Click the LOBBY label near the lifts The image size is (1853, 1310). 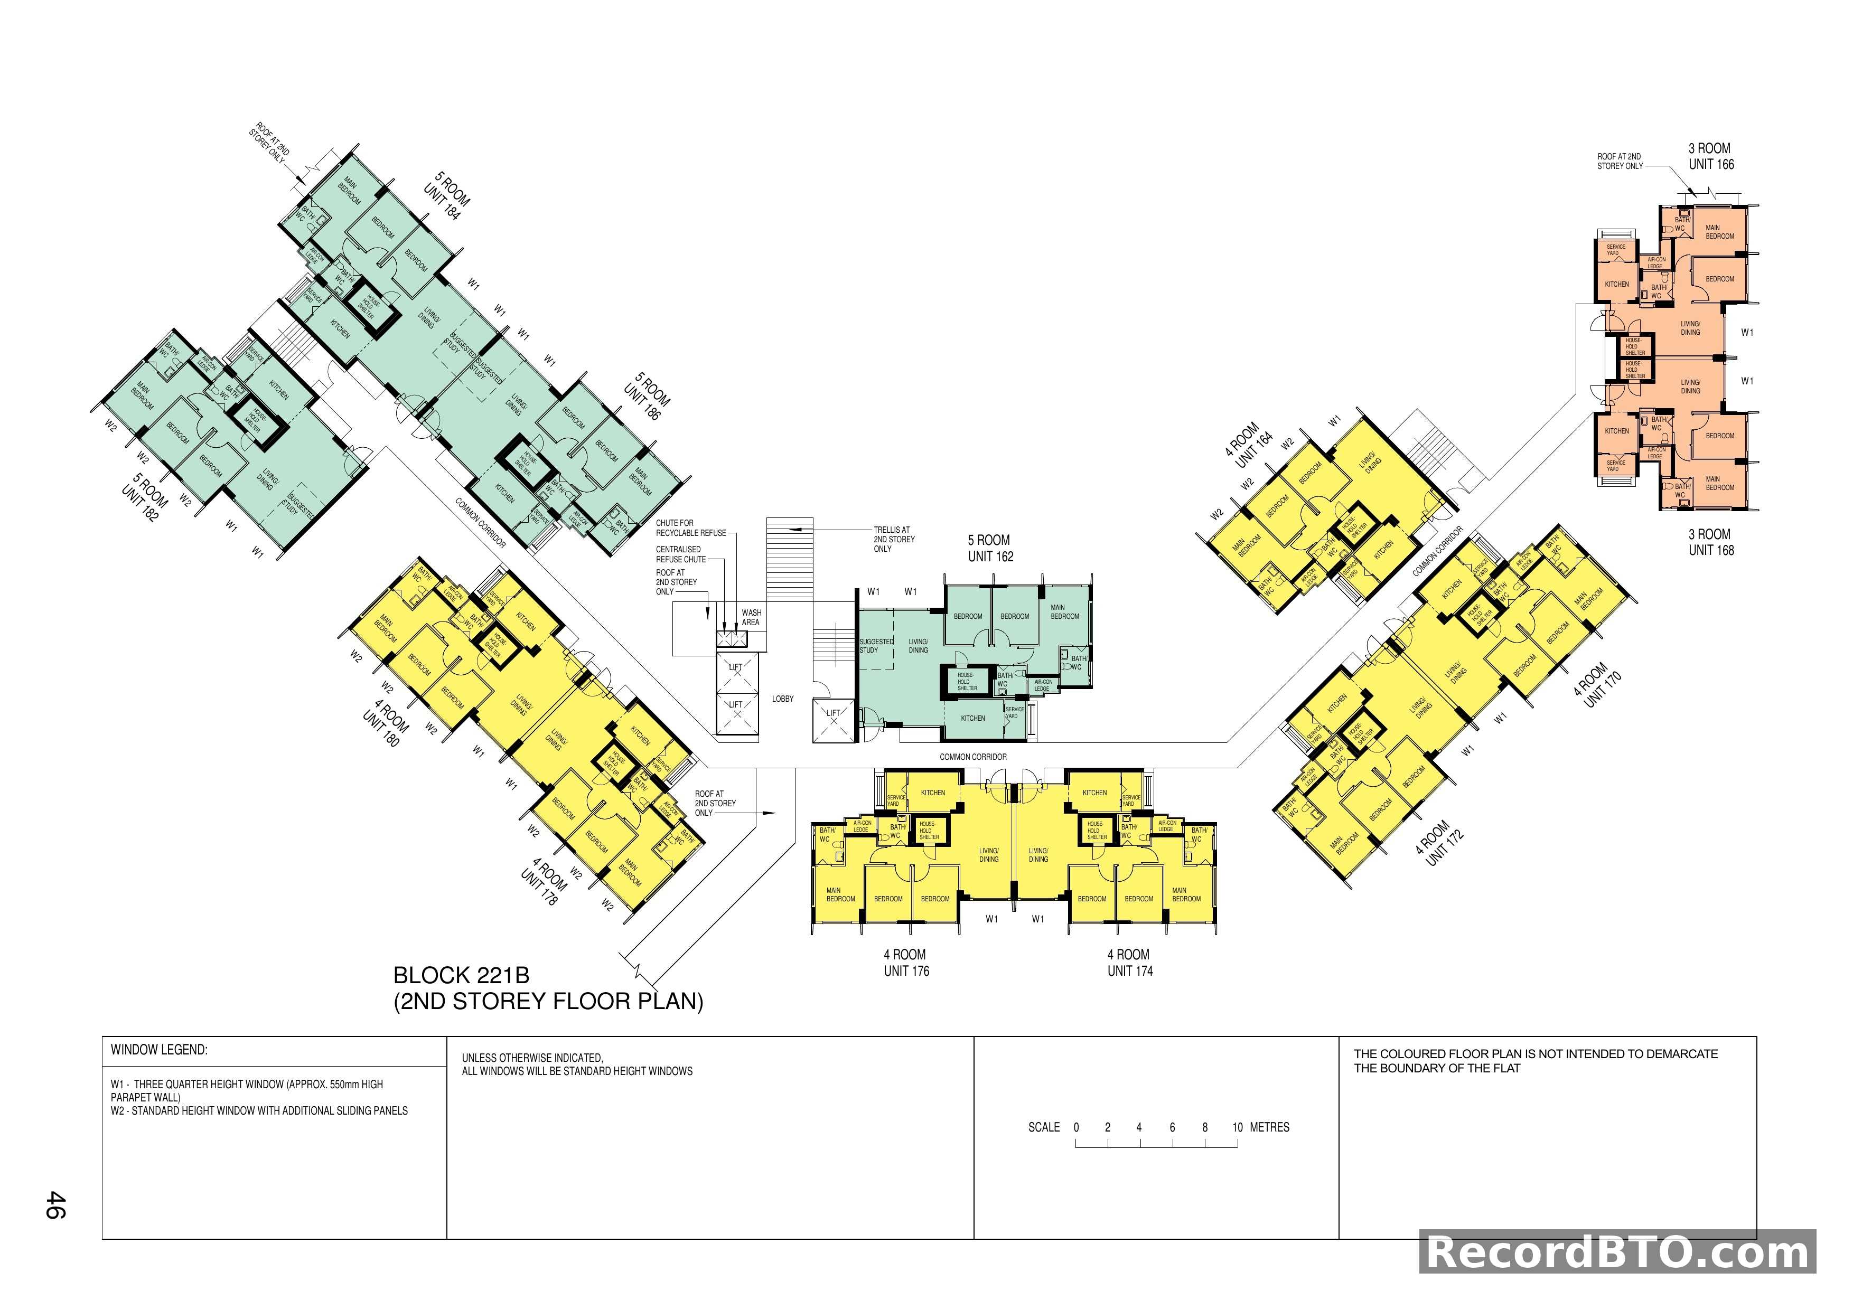[782, 699]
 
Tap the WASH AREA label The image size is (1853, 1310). [751, 617]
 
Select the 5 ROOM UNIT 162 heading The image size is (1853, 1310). [990, 548]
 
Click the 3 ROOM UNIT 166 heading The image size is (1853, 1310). [1711, 156]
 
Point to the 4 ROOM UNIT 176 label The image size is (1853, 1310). [905, 963]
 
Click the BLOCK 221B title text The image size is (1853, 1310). [461, 974]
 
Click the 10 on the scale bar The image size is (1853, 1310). [1237, 1127]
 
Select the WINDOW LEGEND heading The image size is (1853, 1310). [159, 1050]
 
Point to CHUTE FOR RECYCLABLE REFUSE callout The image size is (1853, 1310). [690, 527]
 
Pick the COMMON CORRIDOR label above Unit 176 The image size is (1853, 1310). [972, 757]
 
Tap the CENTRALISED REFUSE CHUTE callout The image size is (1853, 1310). [680, 554]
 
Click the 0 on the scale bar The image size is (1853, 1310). [1076, 1127]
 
